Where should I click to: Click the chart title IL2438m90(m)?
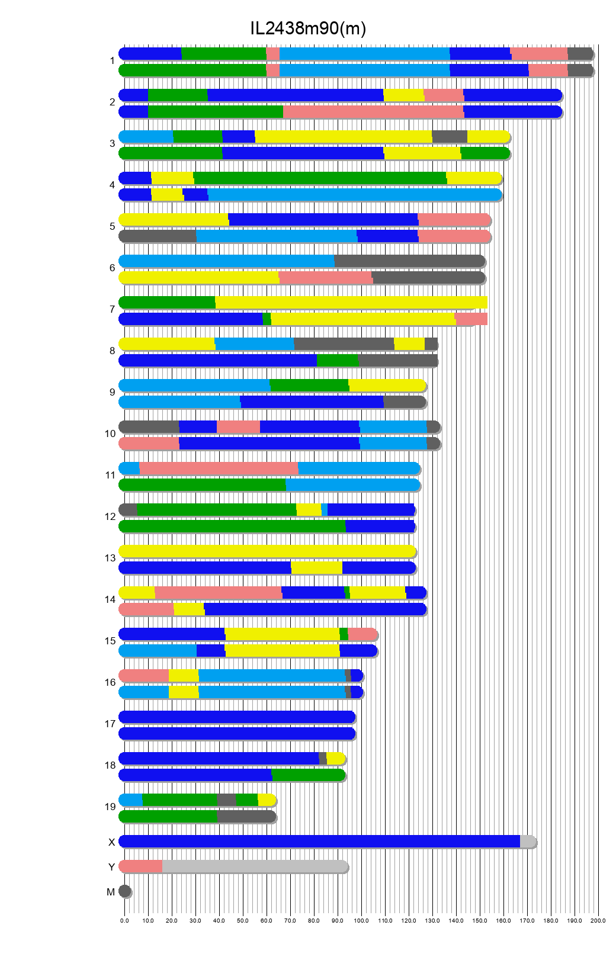[x=308, y=28]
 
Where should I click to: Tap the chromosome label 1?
[x=112, y=61]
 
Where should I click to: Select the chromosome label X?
[x=111, y=842]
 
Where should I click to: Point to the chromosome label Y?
[x=111, y=867]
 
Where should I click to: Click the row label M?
[x=111, y=892]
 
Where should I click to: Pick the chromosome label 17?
[x=110, y=724]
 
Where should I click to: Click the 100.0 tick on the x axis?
[x=361, y=920]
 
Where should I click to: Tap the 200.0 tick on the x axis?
[x=598, y=920]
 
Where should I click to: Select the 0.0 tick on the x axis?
[x=124, y=920]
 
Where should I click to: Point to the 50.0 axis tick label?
[x=243, y=920]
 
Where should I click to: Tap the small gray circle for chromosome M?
[x=124, y=891]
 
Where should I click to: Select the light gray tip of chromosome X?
[x=527, y=842]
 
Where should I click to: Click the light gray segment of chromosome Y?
[x=255, y=866]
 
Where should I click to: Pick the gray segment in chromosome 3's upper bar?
[x=450, y=137]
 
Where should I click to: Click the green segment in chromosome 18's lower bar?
[x=308, y=775]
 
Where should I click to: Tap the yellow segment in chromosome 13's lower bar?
[x=316, y=568]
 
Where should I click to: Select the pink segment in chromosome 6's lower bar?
[x=325, y=278]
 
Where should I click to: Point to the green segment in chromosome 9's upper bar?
[x=309, y=386]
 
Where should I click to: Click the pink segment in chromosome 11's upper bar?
[x=219, y=468]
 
